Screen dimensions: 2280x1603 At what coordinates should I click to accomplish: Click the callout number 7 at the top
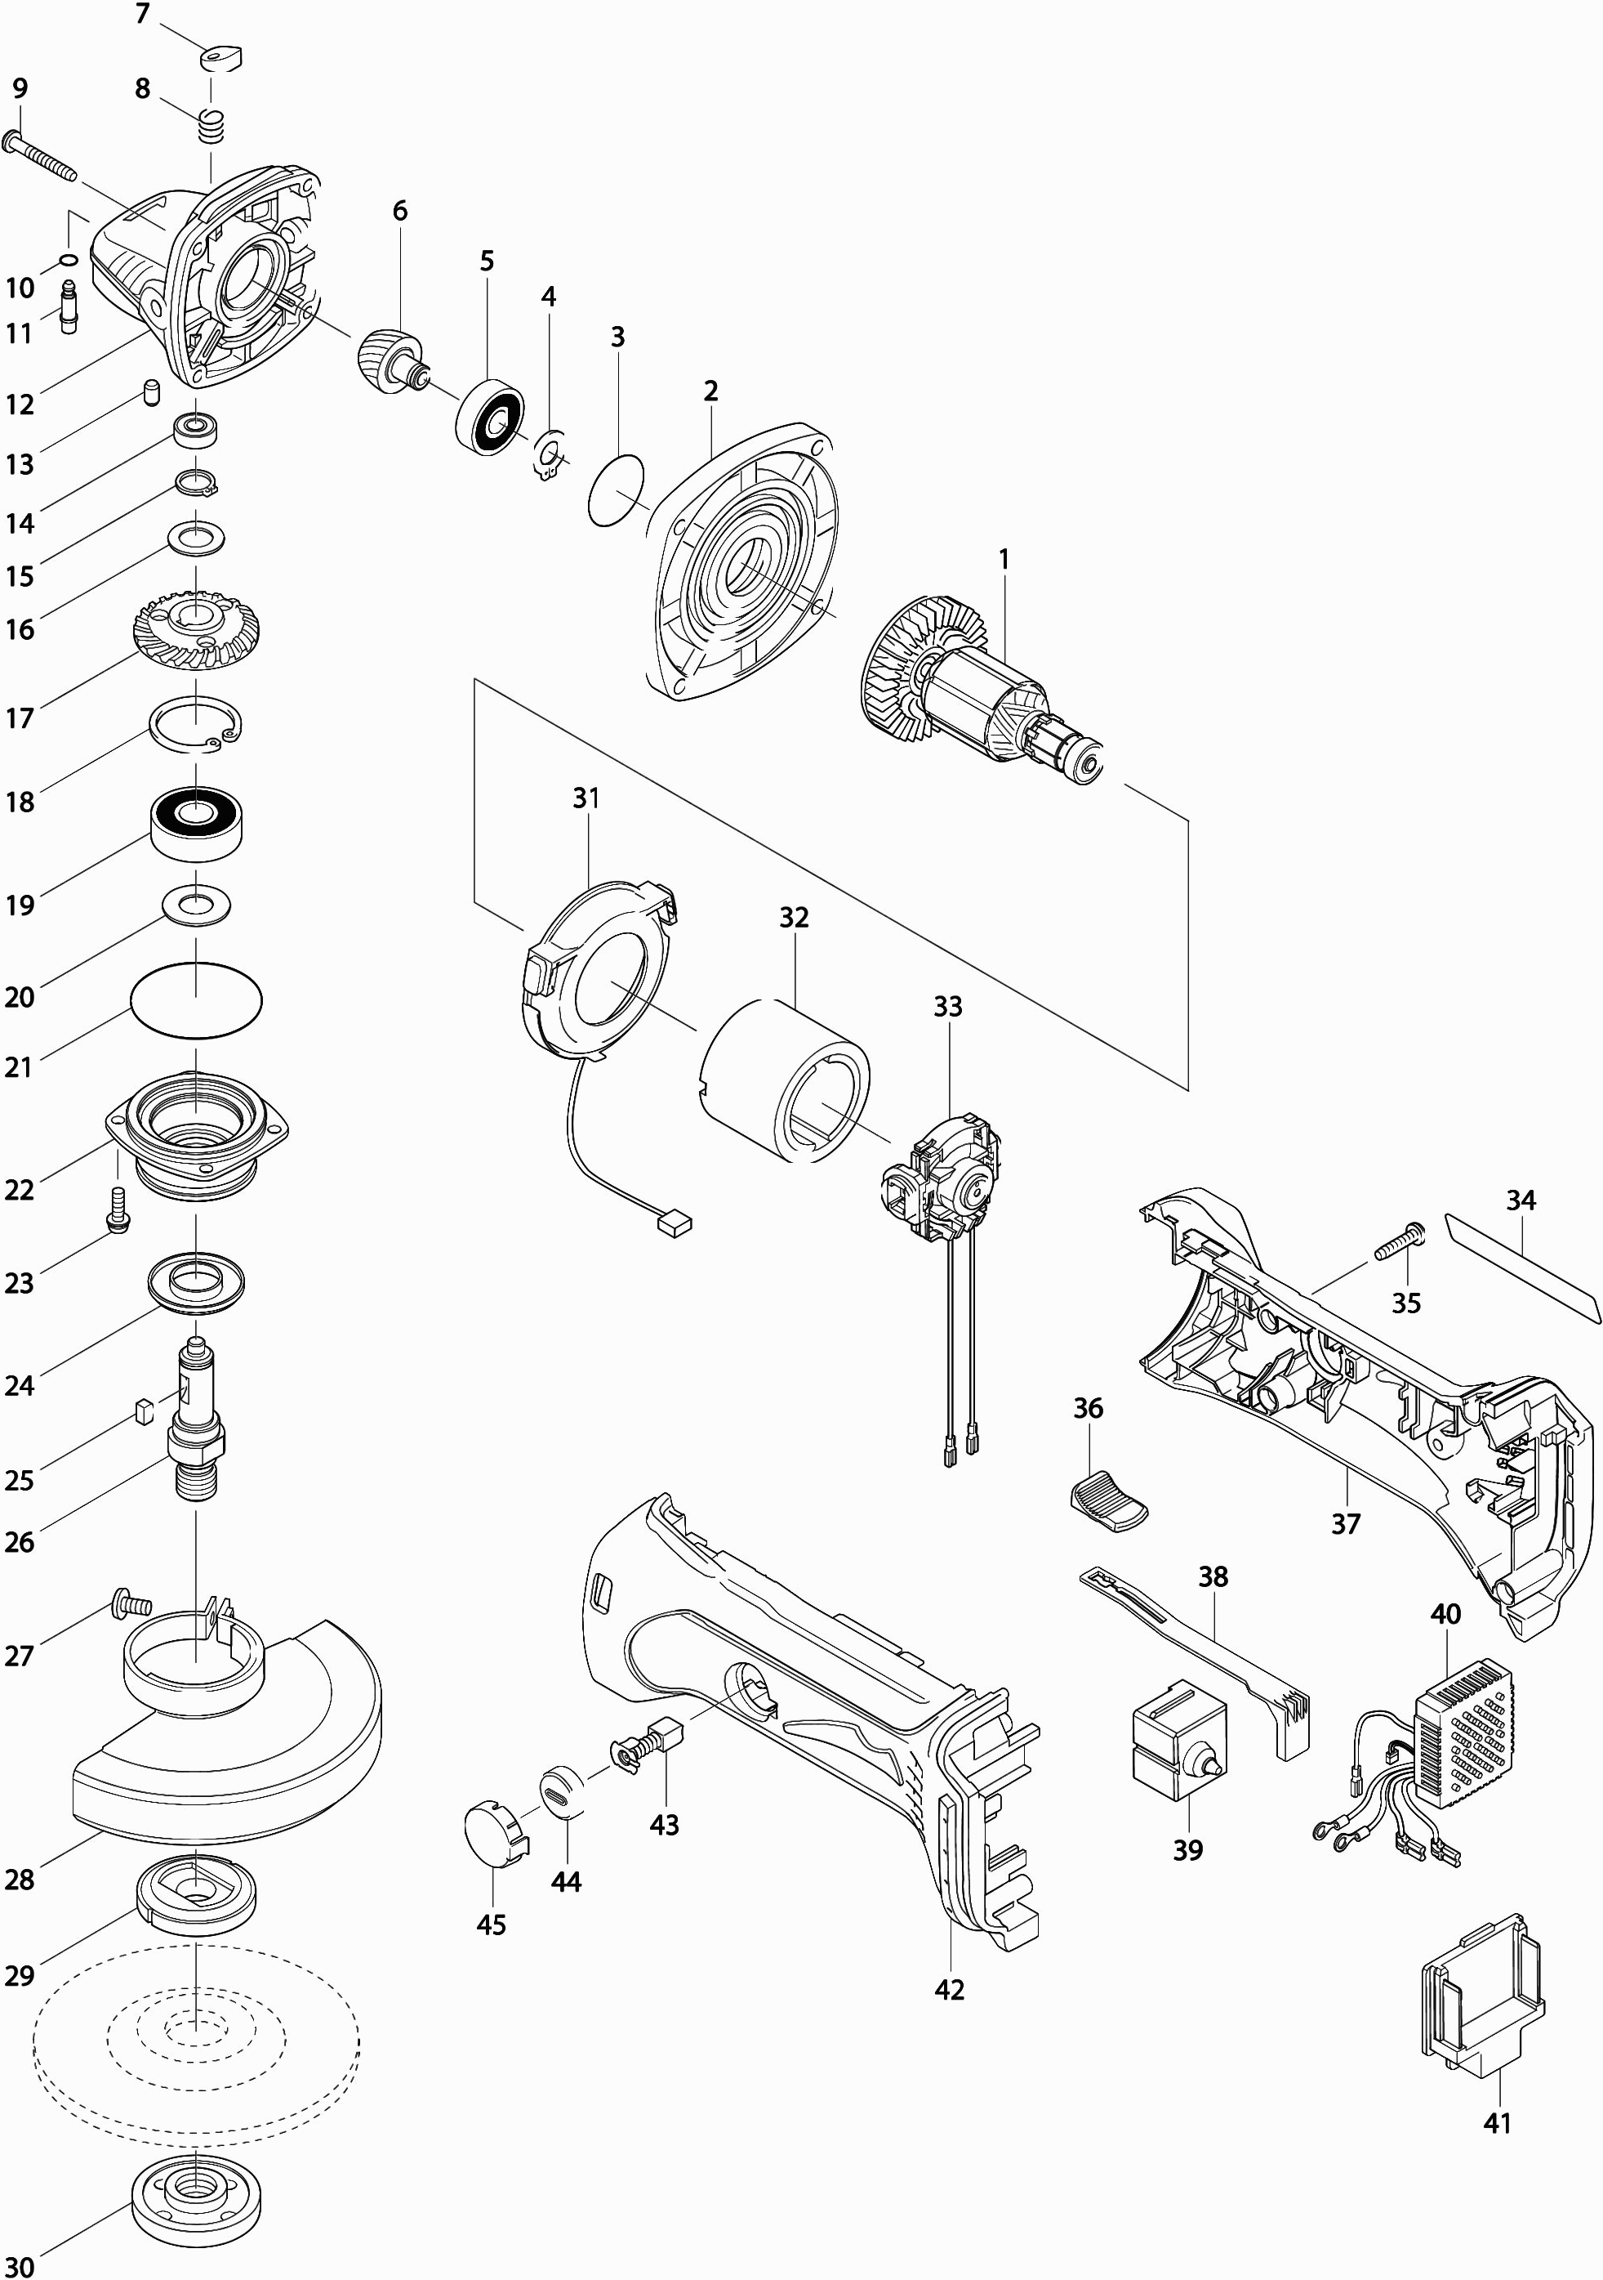[142, 15]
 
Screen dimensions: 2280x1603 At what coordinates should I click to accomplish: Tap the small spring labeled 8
[211, 126]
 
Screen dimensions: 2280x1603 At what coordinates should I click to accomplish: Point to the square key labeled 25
[142, 1408]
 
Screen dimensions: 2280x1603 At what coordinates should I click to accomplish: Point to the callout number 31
[586, 798]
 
